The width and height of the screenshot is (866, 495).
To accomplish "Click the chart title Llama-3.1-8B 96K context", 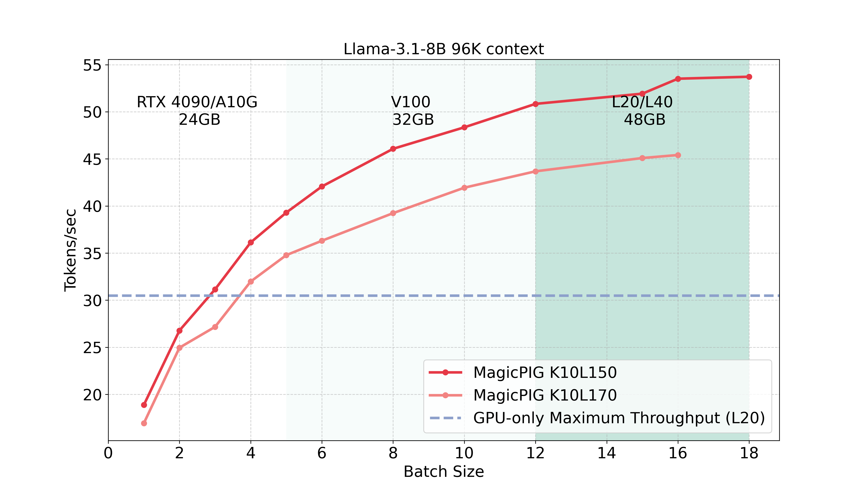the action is (x=444, y=49).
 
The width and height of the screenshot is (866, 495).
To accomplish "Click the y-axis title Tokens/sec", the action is (x=70, y=250).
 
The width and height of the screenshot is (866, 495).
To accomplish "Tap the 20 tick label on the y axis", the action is (x=92, y=395).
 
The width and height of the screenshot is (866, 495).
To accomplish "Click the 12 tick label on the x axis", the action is (x=535, y=453).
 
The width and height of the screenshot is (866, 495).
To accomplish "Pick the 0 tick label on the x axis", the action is (x=108, y=453).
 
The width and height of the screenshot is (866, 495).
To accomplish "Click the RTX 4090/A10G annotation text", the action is (x=197, y=102).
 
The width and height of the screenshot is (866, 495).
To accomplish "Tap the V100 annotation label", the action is (x=411, y=102).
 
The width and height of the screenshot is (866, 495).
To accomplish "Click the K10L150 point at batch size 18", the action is (x=749, y=77).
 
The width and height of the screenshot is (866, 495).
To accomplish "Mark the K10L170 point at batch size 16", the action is (x=678, y=155).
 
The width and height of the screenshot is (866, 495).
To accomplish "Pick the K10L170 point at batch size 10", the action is (x=464, y=188).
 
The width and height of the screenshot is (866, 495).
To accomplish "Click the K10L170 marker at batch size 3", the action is (x=215, y=327).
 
